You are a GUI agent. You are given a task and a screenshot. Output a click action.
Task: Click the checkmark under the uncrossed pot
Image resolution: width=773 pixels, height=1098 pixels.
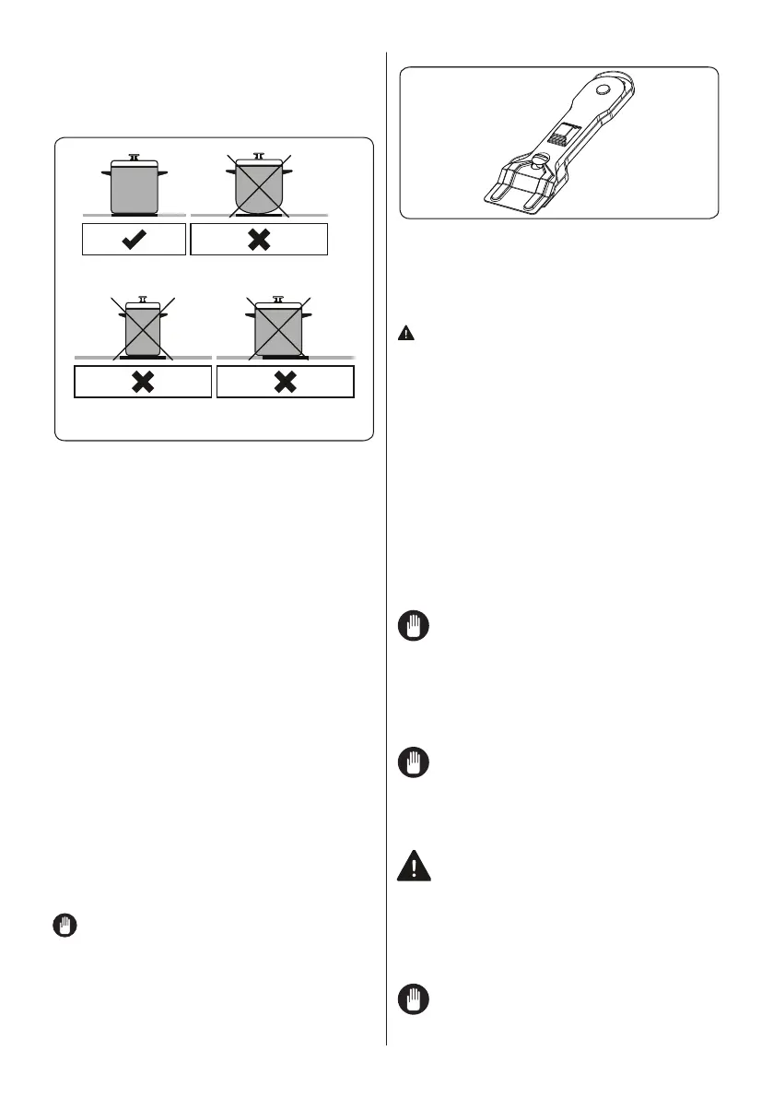point(134,239)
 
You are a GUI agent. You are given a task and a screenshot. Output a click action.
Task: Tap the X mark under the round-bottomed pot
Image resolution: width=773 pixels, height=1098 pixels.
point(259,239)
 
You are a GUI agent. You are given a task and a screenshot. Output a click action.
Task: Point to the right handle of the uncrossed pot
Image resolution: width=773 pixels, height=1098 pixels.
point(162,172)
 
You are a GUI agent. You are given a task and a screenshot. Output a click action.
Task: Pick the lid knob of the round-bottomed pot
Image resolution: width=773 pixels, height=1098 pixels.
point(258,156)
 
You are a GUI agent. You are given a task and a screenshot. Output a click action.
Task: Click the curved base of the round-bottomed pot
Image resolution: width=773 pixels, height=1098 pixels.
point(258,208)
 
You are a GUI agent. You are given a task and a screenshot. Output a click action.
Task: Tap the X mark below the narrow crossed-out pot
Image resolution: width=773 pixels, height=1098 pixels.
point(143,381)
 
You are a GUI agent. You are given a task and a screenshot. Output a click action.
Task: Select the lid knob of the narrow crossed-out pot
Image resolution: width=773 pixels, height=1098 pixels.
point(142,299)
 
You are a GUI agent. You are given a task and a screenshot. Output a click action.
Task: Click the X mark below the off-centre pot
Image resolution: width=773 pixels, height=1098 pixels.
point(285,381)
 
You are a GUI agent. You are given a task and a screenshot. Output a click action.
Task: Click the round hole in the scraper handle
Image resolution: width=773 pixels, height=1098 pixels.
point(602,90)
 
